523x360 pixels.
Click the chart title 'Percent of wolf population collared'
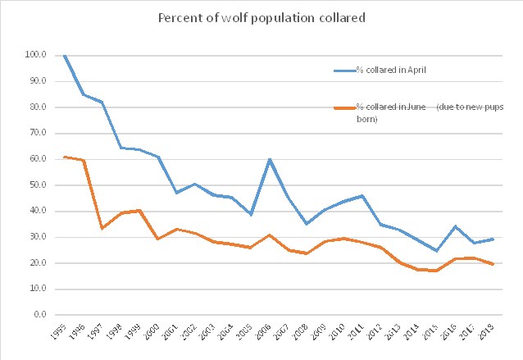tap(262, 18)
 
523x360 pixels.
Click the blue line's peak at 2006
tap(270, 159)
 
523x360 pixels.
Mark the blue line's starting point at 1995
tap(65, 55)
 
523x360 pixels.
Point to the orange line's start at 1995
tap(65, 157)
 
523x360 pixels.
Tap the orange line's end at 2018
tap(493, 264)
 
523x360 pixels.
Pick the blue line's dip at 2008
tap(307, 223)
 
